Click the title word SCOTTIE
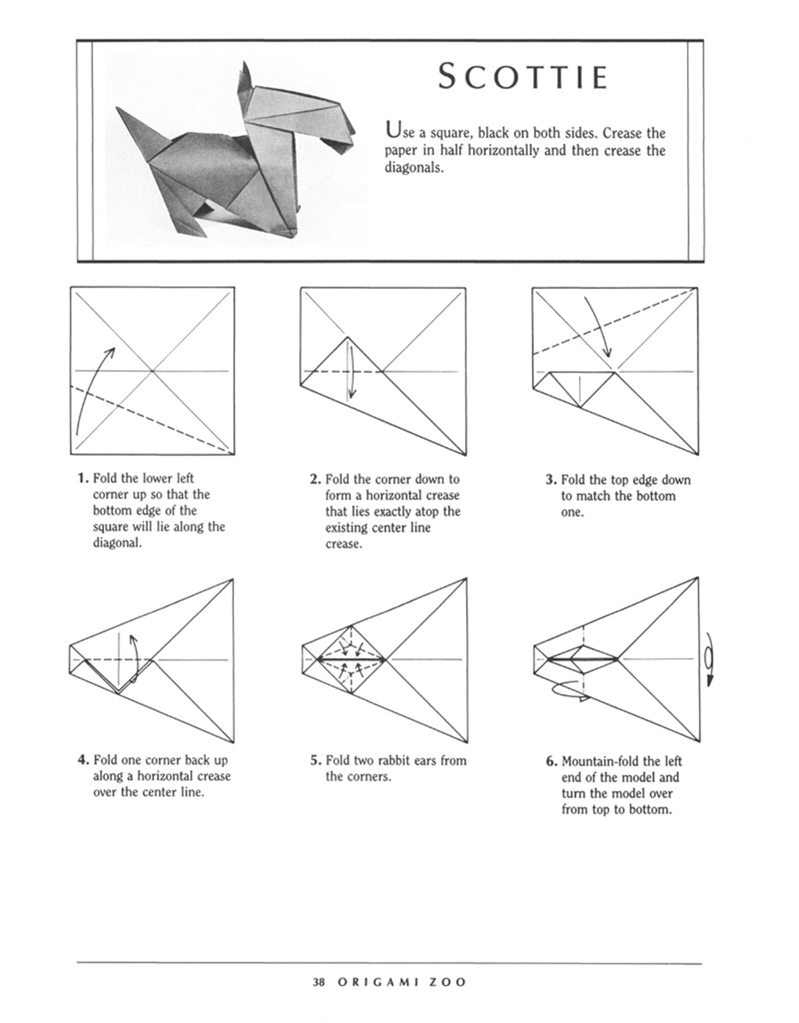pyautogui.click(x=522, y=78)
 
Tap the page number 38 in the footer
pyautogui.click(x=318, y=981)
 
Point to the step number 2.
pyautogui.click(x=315, y=479)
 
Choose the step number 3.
pyautogui.click(x=551, y=479)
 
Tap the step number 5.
pyautogui.click(x=315, y=760)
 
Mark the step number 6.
pyautogui.click(x=551, y=761)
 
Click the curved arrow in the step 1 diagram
pyautogui.click(x=91, y=392)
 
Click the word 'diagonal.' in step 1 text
pyautogui.click(x=117, y=544)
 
